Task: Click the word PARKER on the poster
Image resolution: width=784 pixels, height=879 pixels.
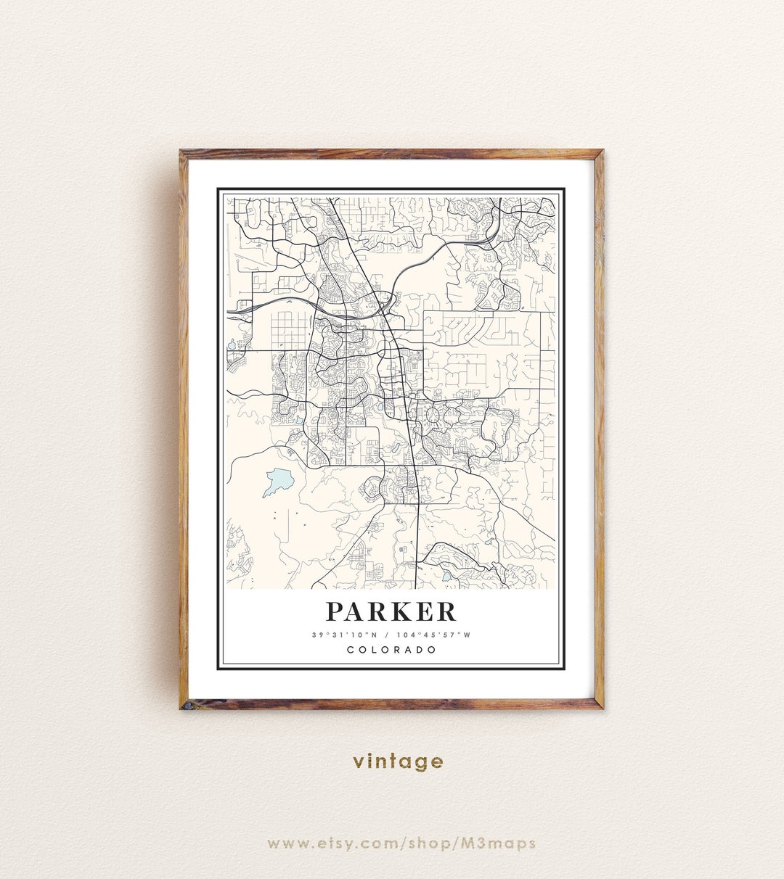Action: point(391,611)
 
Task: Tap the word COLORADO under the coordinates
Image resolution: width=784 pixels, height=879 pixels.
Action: point(392,650)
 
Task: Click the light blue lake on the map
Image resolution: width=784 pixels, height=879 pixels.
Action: point(277,481)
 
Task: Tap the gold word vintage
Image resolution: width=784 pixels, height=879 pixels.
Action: point(398,762)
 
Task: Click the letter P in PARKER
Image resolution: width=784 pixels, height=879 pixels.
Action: point(335,611)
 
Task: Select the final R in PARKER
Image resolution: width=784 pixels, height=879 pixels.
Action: point(447,611)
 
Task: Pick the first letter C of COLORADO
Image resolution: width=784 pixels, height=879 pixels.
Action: point(351,650)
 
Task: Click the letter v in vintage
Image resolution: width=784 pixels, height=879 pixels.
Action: point(359,762)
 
